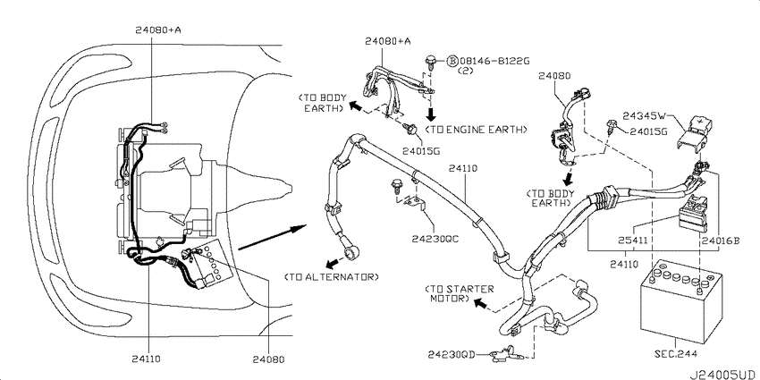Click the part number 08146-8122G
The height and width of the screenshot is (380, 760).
(x=494, y=61)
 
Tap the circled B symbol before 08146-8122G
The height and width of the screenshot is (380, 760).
(x=452, y=61)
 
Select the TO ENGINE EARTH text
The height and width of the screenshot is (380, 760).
(x=476, y=130)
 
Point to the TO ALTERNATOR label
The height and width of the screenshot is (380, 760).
(x=332, y=277)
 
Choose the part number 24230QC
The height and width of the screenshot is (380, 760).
(x=435, y=239)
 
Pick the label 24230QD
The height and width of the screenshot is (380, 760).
(x=452, y=355)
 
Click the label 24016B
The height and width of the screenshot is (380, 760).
(x=720, y=240)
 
